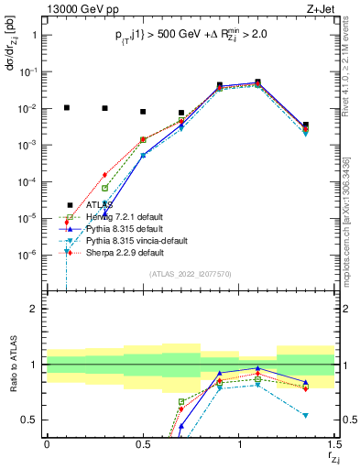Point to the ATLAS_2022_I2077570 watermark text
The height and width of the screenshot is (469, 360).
[191, 274]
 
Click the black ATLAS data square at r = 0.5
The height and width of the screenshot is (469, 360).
[143, 112]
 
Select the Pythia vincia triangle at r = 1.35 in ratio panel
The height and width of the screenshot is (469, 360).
[306, 415]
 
